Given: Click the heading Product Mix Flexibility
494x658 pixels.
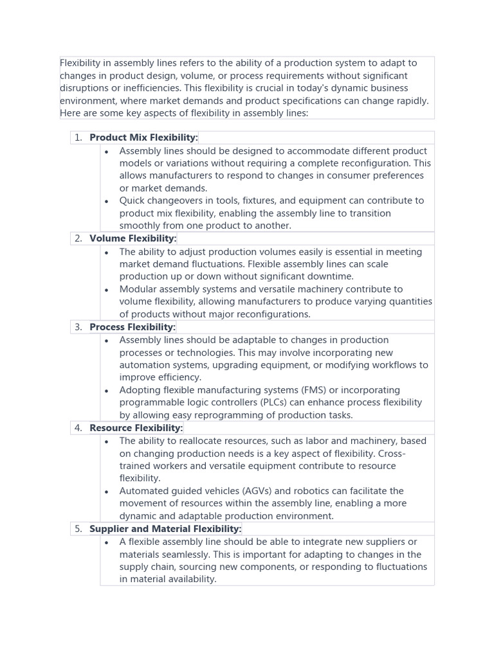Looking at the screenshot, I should pos(143,138).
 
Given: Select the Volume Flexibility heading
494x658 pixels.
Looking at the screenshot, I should pos(133,238).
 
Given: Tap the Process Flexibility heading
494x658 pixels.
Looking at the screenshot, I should pos(132,327).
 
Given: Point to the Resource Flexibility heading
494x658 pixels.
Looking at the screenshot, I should pos(136,428).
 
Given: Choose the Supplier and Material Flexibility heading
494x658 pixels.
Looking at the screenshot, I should pos(165,529).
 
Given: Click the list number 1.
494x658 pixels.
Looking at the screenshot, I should pos(78,138).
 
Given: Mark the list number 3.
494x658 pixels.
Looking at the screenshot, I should pos(78,327).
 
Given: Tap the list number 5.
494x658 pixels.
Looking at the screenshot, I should pos(78,529).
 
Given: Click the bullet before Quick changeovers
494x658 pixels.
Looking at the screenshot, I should pos(106,201).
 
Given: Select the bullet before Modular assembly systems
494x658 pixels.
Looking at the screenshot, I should pos(106,290).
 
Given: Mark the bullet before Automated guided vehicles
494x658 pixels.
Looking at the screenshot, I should pos(106,492).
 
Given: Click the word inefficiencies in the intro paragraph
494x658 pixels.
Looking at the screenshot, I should pos(147,88).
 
